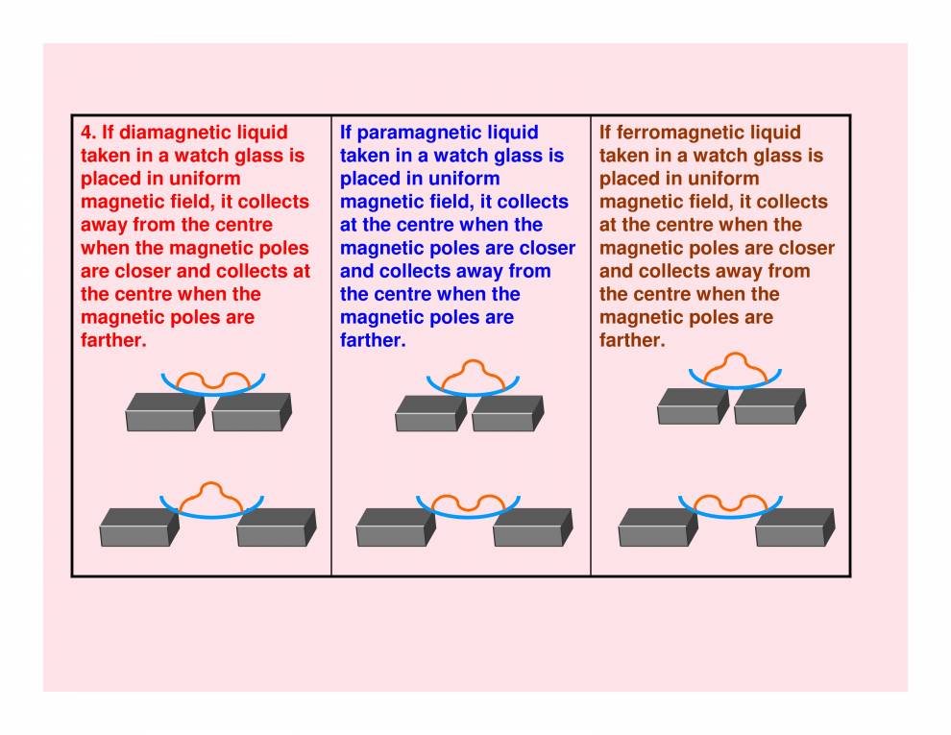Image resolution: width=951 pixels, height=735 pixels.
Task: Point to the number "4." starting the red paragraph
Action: click(89, 133)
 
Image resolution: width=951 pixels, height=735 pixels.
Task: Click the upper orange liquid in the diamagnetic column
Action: click(212, 380)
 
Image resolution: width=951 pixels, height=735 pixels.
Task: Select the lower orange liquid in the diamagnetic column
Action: click(212, 496)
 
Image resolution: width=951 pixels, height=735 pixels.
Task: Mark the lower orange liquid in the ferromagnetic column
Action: click(730, 503)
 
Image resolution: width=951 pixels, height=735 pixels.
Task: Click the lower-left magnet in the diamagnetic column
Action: click(138, 527)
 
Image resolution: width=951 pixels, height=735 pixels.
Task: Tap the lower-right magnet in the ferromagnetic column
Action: click(793, 527)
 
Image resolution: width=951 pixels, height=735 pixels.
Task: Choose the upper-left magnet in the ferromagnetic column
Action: click(693, 406)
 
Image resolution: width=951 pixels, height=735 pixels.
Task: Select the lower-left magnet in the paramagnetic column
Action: click(395, 527)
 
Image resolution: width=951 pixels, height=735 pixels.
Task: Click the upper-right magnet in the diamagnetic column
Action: click(251, 412)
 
